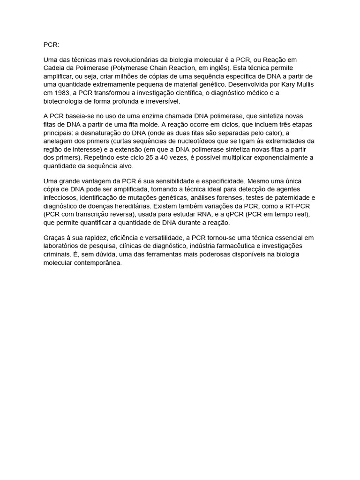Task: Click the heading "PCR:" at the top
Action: pos(52,45)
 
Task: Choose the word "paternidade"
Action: pos(291,197)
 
